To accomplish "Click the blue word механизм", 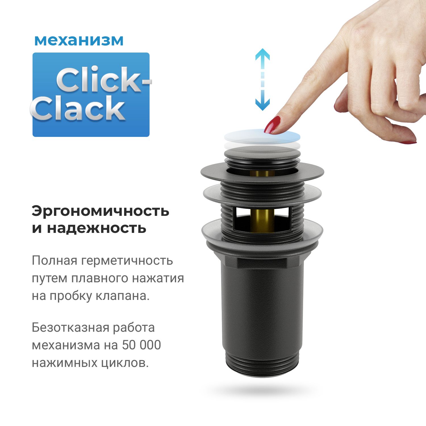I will [x=79, y=40].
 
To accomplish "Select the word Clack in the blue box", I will [x=78, y=108].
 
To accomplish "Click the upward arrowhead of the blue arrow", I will [x=262, y=55].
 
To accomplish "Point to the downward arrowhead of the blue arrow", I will [x=262, y=105].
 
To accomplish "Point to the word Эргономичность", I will [x=100, y=211].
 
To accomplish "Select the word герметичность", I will [x=127, y=261].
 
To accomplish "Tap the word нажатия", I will [x=158, y=278].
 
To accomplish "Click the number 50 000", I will [x=141, y=345].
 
